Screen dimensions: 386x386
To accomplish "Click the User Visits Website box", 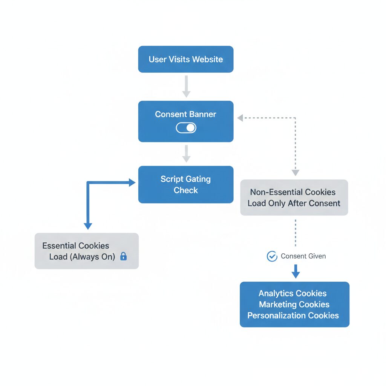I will pos(185,59).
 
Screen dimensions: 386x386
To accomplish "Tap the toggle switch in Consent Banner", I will pos(186,128).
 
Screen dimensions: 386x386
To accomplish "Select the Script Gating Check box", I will pos(185,184).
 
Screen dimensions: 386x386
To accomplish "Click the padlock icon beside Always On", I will pos(123,257).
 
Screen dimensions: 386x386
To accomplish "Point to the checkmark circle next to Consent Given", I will pos(272,256).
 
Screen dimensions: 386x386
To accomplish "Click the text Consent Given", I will pos(303,256).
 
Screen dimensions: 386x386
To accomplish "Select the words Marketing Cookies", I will pos(294,304).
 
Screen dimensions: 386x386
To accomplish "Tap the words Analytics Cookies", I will pos(293,293).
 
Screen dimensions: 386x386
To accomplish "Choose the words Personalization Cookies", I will pos(293,316).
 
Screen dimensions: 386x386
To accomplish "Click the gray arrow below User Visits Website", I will pos(186,86).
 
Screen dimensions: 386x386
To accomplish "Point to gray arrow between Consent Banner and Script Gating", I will pos(186,154).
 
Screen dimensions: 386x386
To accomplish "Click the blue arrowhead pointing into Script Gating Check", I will pos(132,183).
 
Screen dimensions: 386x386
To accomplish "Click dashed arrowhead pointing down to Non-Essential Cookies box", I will pos(295,172).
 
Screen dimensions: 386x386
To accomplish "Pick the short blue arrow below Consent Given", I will pos(296,271).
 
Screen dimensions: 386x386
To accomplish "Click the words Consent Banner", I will pos(185,114).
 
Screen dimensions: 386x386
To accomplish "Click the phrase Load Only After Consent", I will pos(294,203).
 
